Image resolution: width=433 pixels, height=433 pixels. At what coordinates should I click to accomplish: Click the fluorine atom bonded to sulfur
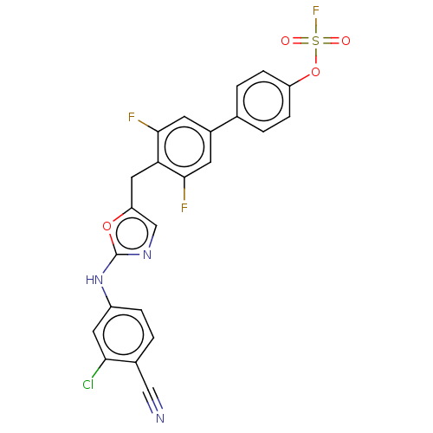316,11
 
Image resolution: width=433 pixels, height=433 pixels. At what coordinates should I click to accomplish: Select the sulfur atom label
316,41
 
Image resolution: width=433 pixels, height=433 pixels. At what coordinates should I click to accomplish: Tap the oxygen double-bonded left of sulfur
285,41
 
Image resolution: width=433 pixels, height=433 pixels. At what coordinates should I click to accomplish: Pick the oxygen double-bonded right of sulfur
346,41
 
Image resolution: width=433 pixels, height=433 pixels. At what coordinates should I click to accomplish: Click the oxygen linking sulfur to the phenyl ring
315,72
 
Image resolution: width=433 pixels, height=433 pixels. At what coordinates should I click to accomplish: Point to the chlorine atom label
88,385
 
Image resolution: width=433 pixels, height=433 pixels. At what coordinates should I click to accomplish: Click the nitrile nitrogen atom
160,418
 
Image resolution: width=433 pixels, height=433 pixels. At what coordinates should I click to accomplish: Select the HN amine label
94,280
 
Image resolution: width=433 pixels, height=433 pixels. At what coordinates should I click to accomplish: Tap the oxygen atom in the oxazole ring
107,226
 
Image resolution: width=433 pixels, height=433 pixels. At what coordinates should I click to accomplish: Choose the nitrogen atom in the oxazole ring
147,255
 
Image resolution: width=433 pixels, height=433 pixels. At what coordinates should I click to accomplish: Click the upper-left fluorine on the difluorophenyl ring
132,117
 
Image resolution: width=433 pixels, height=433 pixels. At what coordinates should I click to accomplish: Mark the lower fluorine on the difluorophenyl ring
184,208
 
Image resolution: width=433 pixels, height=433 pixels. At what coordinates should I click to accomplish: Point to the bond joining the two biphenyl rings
224,124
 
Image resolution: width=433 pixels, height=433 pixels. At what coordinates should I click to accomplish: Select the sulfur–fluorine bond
316,26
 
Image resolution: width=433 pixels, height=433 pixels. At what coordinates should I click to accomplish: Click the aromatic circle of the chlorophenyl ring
103,335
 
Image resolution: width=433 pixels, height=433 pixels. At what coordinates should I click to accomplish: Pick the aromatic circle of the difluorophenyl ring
165,147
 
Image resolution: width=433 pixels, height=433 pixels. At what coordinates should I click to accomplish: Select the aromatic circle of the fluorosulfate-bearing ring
243,101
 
